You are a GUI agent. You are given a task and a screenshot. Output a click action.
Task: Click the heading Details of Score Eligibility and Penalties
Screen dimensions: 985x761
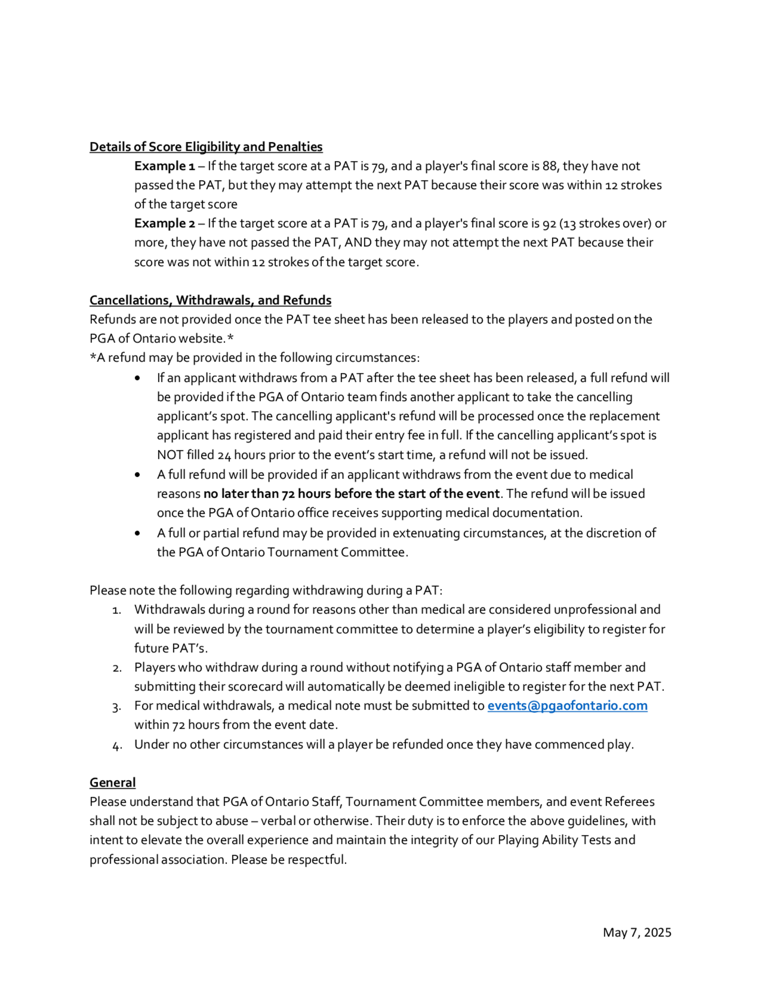pyautogui.click(x=205, y=147)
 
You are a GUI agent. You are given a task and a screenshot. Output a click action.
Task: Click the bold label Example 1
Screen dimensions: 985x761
pyautogui.click(x=164, y=166)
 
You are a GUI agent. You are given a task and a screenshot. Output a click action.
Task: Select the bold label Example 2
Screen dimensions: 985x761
pyautogui.click(x=164, y=224)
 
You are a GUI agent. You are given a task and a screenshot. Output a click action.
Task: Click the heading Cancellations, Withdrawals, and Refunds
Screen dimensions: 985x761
pyautogui.click(x=210, y=300)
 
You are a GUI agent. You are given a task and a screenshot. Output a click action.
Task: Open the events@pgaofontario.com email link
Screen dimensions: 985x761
pyautogui.click(x=567, y=706)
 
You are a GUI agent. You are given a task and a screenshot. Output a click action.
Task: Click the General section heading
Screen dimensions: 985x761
pyautogui.click(x=112, y=783)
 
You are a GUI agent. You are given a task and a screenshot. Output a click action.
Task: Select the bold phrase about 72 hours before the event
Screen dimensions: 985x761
pyautogui.click(x=351, y=494)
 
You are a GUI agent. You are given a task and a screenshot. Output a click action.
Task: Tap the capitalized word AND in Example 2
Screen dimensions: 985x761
pyautogui.click(x=358, y=243)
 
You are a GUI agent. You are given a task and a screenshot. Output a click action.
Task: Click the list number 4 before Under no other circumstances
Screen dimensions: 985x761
pyautogui.click(x=117, y=745)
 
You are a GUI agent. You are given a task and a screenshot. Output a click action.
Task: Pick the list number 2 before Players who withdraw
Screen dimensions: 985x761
pyautogui.click(x=117, y=668)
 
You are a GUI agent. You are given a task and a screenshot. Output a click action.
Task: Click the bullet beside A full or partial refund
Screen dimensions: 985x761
pyautogui.click(x=137, y=534)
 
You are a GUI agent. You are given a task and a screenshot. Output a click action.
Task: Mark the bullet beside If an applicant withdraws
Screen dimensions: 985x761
pyautogui.click(x=137, y=378)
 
